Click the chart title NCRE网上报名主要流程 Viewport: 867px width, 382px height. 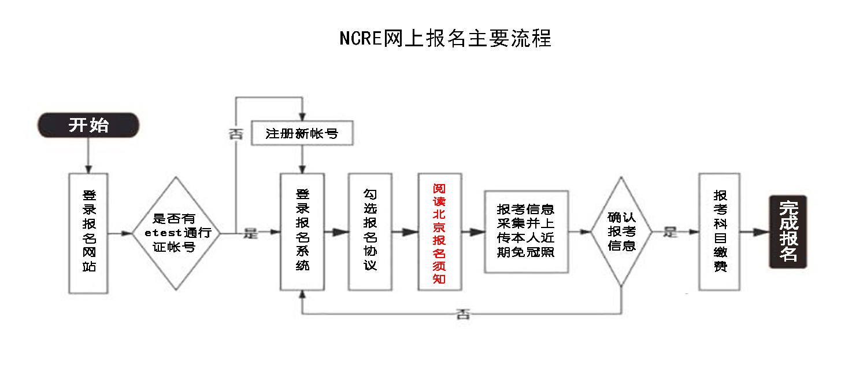pos(445,38)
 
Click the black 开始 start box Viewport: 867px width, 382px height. pos(88,125)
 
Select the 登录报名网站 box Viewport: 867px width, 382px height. pos(88,233)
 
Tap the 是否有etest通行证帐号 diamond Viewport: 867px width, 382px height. pos(177,233)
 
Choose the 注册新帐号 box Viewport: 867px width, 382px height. pos(302,134)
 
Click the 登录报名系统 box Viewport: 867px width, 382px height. pos(302,232)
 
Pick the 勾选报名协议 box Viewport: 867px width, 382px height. pos(370,232)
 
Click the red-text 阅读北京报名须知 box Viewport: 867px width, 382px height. pos(440,232)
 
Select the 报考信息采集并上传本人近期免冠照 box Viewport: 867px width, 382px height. pos(526,232)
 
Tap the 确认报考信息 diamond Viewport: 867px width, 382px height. pos(621,232)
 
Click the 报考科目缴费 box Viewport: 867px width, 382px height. pos(720,232)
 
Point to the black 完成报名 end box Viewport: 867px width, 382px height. pos(787,232)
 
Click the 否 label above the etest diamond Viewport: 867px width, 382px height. pos(235,134)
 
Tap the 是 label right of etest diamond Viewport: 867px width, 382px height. pos(250,233)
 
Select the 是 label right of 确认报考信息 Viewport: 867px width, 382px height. pos(670,232)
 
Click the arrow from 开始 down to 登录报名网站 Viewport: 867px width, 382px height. pos(88,155)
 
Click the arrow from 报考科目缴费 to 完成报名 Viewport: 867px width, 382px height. pos(754,232)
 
